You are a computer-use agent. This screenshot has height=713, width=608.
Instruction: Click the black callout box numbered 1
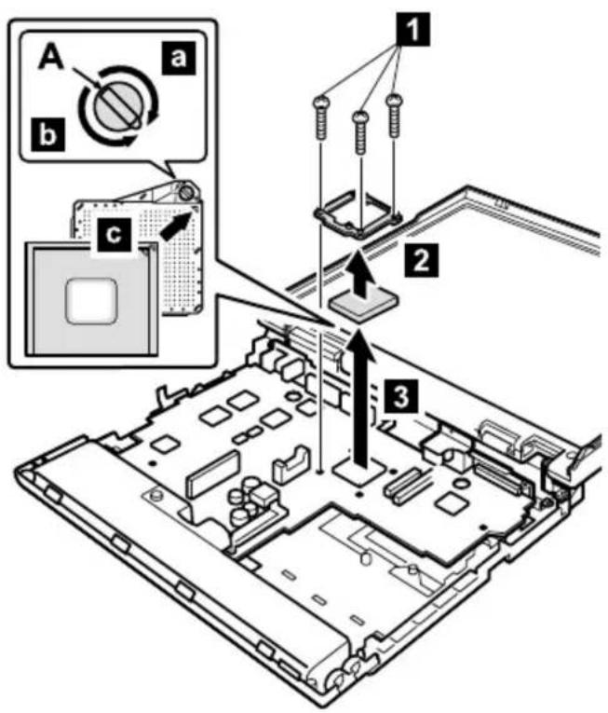[x=412, y=30]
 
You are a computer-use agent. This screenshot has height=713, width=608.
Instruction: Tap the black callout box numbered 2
[x=422, y=260]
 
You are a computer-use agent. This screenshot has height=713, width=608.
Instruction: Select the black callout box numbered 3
[x=400, y=396]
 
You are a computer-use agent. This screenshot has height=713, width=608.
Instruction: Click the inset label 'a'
[x=179, y=58]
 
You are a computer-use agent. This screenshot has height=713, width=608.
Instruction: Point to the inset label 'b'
[x=48, y=134]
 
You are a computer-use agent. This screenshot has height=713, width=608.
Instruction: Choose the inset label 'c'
[x=114, y=235]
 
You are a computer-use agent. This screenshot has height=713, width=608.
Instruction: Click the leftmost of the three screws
[x=321, y=117]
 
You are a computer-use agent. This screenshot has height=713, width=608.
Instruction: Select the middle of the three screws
[x=361, y=132]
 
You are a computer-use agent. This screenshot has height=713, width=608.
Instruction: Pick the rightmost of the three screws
[x=395, y=116]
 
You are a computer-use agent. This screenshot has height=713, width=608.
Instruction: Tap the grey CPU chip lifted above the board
[x=365, y=308]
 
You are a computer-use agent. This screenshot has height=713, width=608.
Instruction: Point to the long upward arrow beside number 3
[x=361, y=398]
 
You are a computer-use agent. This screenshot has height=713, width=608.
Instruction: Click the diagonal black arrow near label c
[x=174, y=226]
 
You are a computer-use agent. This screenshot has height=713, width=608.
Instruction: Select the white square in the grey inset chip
[x=91, y=301]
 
